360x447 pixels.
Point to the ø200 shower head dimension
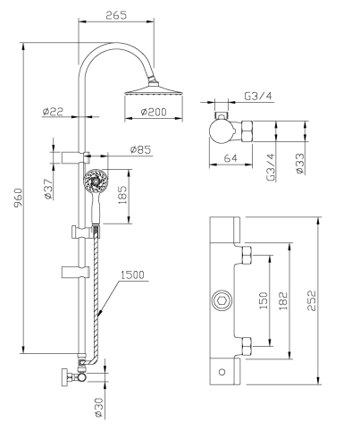click(157, 112)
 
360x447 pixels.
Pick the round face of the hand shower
click(92, 183)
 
